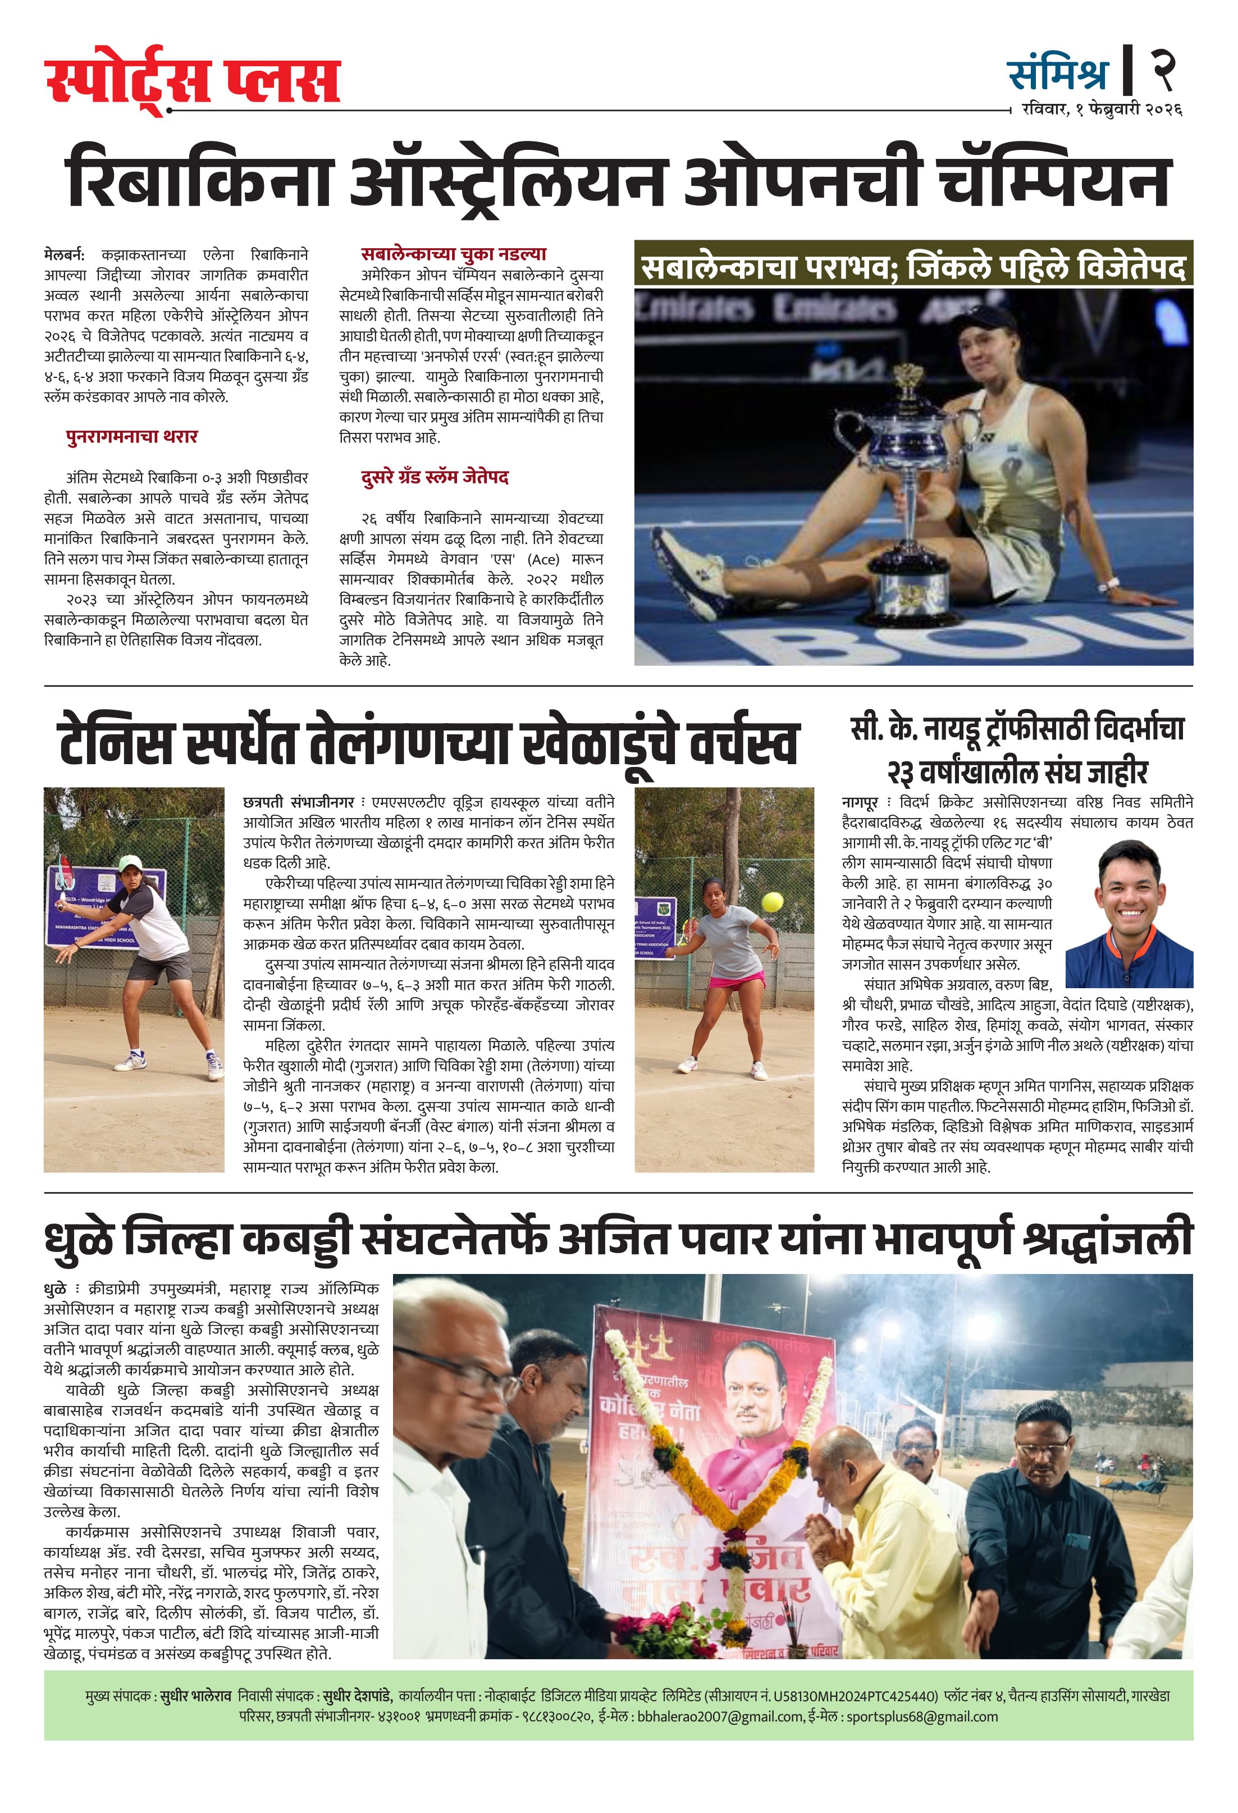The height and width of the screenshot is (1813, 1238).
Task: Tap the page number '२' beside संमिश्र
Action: point(1164,70)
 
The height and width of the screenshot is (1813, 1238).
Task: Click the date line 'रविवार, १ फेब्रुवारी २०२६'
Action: point(1102,110)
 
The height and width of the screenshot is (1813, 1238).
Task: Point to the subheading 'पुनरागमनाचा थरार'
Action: point(132,437)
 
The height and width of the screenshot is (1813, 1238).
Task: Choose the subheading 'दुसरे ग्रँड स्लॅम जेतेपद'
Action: point(435,477)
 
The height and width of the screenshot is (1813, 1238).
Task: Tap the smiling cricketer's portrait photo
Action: point(1129,914)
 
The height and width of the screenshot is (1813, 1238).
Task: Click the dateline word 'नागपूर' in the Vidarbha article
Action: point(860,802)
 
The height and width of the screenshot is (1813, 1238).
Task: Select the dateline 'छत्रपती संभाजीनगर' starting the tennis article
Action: point(298,802)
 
